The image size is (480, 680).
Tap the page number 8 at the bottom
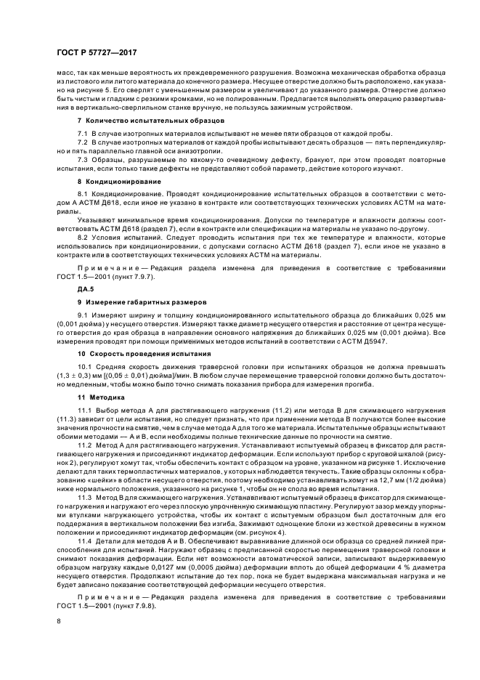pyautogui.click(x=59, y=622)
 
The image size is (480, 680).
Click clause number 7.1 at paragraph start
pyautogui.click(x=84, y=134)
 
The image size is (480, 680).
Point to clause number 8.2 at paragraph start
pyautogui.click(x=84, y=237)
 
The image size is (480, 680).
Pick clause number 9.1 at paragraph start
pyautogui.click(x=84, y=315)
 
